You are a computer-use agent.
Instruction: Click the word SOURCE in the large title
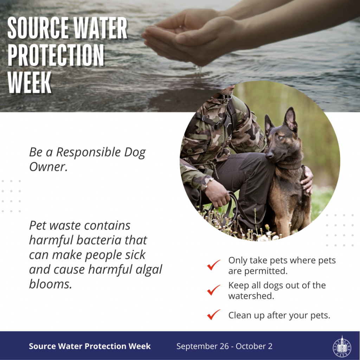[38, 28]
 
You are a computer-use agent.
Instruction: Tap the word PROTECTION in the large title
[56, 55]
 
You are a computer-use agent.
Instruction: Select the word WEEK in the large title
[30, 82]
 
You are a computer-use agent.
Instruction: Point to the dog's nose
[270, 155]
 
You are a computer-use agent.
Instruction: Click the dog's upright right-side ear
[290, 120]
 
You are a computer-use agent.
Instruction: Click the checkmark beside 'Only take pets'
[213, 265]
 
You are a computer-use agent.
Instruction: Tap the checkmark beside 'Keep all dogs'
[213, 290]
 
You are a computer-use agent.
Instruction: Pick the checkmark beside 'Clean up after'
[213, 315]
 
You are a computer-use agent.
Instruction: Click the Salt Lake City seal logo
[342, 346]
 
